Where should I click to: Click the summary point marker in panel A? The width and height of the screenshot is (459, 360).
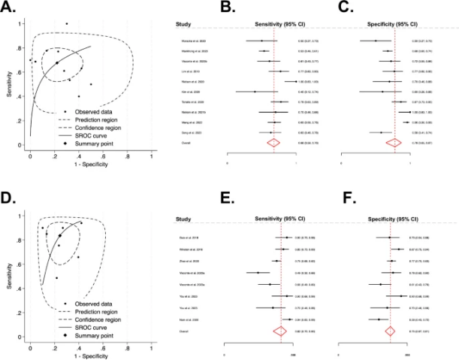tap(56, 63)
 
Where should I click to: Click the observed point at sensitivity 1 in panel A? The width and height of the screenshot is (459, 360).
tap(66, 24)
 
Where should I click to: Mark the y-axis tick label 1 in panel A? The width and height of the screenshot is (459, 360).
tap(20, 24)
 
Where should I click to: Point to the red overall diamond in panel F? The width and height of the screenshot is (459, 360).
tap(389, 331)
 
